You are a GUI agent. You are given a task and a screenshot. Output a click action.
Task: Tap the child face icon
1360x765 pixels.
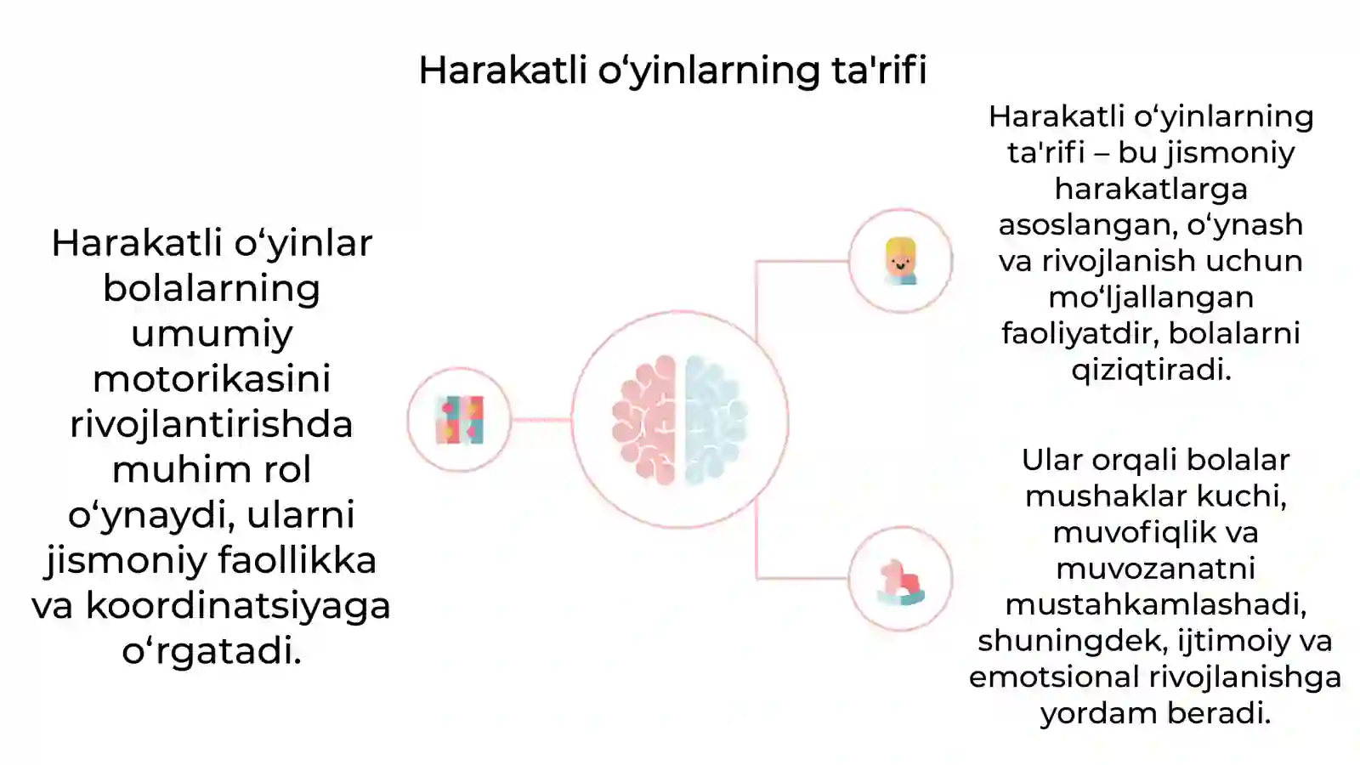900,261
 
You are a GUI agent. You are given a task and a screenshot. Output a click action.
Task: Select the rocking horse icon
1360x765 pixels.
900,580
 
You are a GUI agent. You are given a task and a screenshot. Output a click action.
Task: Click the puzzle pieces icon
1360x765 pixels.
459,420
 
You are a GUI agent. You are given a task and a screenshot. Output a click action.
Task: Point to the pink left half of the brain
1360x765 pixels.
644,420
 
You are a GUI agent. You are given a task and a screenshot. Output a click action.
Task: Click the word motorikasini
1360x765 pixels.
212,379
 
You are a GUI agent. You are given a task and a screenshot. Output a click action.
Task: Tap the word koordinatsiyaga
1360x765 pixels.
238,605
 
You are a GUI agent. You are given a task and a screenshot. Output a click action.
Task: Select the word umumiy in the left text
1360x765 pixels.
212,333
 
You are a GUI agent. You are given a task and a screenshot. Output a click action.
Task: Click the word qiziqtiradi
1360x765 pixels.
1151,370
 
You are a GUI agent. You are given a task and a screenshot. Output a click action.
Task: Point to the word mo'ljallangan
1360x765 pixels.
1151,297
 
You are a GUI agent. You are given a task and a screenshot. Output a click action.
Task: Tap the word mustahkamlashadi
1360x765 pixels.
1155,604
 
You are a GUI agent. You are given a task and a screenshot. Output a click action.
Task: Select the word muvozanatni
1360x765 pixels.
1155,568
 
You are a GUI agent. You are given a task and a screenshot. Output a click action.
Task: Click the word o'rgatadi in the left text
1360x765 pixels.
212,651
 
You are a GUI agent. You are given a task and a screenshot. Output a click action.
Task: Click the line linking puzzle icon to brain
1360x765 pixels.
541,420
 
